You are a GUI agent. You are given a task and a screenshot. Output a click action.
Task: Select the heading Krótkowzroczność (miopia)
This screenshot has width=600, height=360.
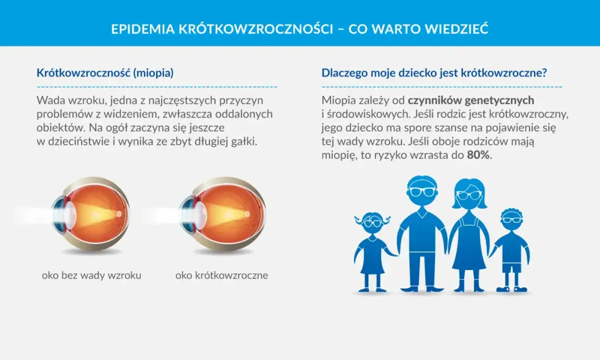coord(105,73)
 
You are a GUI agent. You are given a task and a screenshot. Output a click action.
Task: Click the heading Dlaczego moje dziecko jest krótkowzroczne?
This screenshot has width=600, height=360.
coord(434,73)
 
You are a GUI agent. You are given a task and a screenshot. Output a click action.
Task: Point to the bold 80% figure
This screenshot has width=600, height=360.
coord(479,155)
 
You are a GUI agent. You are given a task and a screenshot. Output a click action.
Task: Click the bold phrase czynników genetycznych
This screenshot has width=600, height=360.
coord(471,101)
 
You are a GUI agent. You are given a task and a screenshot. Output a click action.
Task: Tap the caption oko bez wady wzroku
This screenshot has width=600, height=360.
coord(92,275)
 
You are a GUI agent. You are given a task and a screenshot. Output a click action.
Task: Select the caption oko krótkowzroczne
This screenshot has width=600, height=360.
coord(222,275)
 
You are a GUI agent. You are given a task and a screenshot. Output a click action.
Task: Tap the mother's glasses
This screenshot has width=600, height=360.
coord(469,195)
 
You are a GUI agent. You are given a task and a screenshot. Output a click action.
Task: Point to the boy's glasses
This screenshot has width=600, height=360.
coord(511,220)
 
